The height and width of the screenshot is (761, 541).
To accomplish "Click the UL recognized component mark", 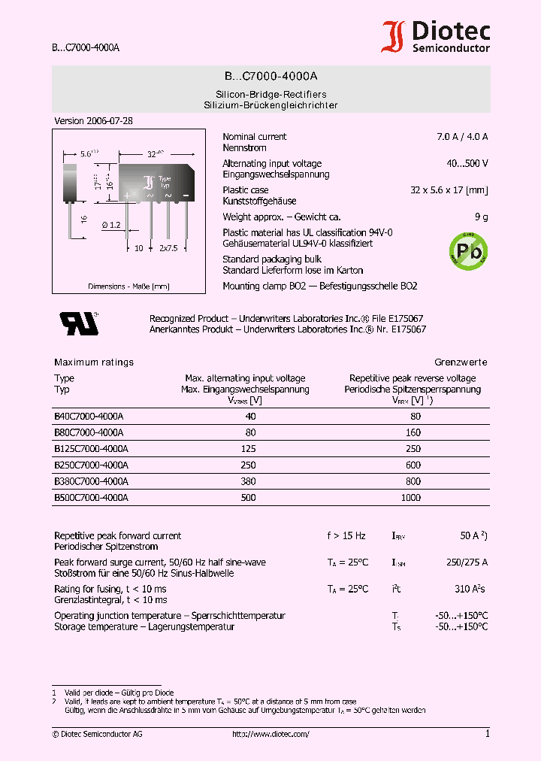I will click(79, 323).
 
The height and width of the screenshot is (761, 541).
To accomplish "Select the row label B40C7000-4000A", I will click(89, 416).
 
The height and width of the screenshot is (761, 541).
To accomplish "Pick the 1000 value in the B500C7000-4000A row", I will click(412, 498).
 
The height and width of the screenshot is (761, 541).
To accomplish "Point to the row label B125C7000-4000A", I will click(91, 449).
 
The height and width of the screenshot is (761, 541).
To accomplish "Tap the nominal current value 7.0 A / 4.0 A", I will click(458, 137).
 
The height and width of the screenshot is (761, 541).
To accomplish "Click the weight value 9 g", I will click(481, 217).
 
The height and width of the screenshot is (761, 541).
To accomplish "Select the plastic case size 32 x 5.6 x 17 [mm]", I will click(449, 190).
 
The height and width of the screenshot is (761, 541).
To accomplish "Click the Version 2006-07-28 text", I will click(93, 121).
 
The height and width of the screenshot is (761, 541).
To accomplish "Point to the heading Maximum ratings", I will click(94, 362).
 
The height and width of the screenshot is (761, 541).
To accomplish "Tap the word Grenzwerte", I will click(461, 362).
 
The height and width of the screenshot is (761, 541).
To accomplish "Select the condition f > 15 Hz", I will click(346, 536).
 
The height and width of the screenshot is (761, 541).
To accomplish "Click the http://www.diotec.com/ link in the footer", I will click(270, 734).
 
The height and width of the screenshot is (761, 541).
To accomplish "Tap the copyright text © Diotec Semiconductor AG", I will click(97, 734).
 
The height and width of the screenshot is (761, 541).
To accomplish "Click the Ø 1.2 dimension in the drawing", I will click(110, 225).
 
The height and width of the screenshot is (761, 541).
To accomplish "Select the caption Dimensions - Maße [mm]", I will click(128, 287).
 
